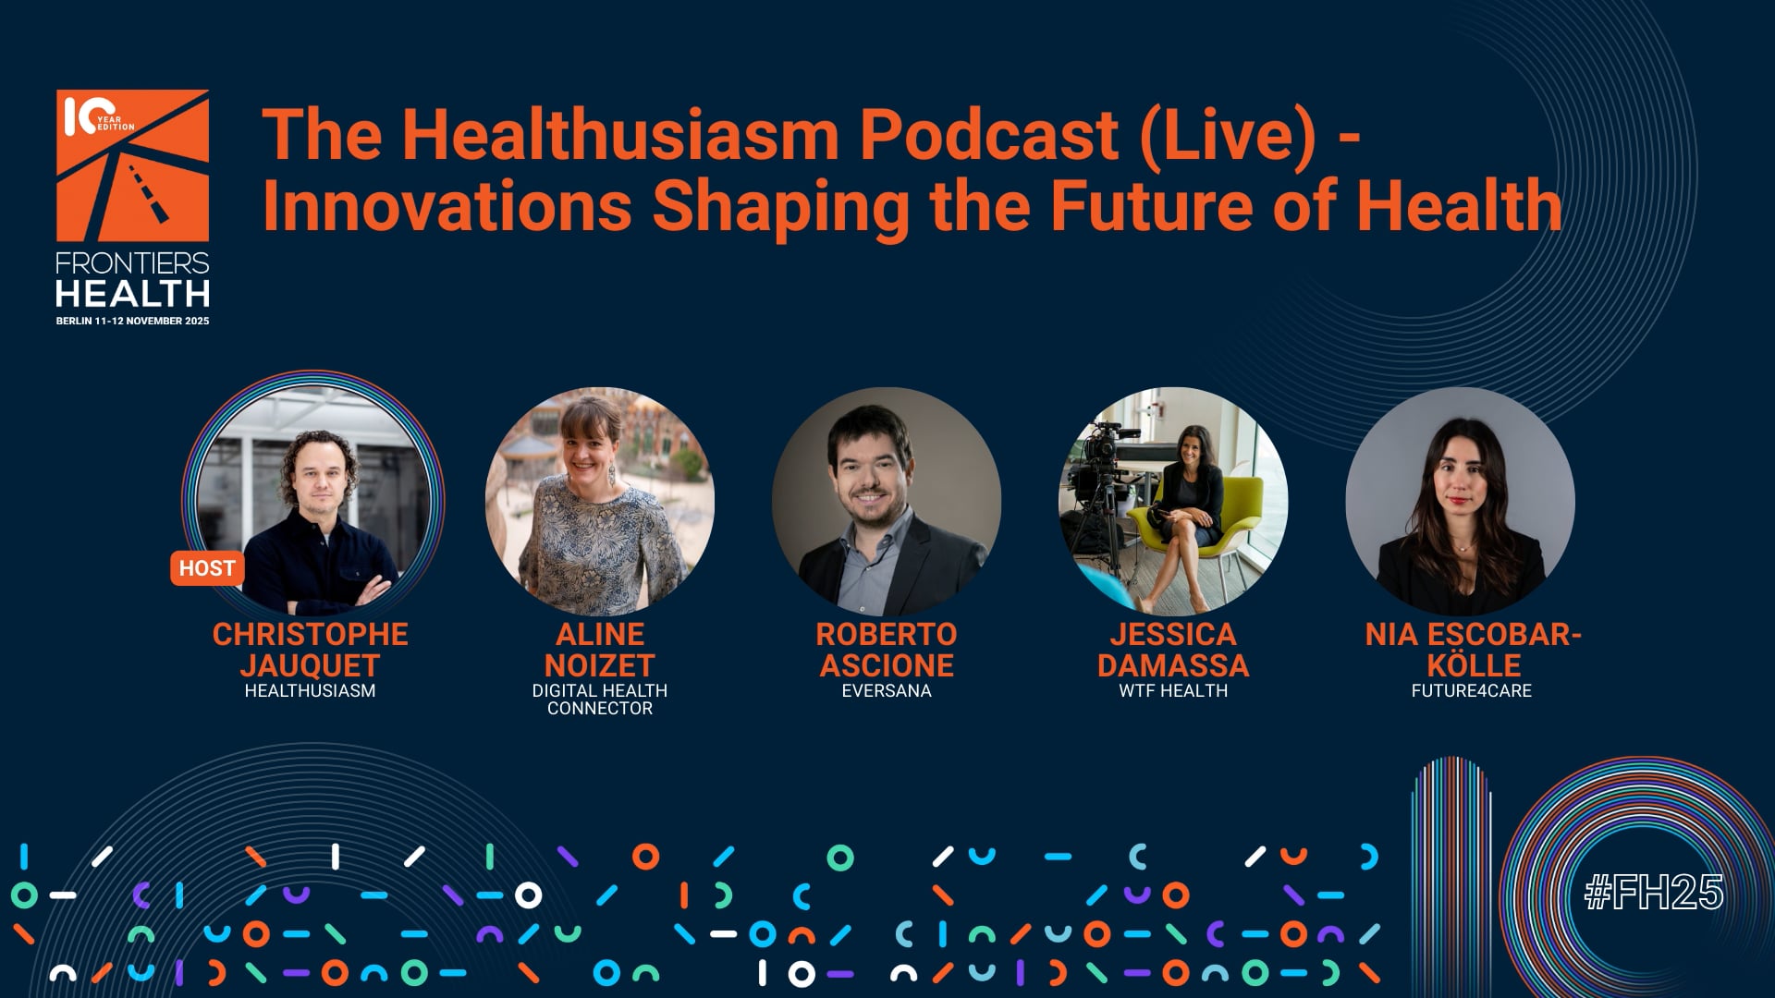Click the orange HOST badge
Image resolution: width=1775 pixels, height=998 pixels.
pos(207,568)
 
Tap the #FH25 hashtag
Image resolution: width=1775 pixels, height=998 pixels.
pos(1654,893)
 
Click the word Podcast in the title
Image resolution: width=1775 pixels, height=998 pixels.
pos(989,135)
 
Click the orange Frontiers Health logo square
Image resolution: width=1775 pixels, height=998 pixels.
pos(132,165)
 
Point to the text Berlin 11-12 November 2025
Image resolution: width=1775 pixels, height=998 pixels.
pos(132,321)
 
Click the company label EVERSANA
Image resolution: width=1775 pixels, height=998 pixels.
pos(887,690)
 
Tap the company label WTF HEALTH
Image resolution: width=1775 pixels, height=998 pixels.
pos(1173,690)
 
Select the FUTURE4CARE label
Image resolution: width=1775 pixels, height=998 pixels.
pos(1472,690)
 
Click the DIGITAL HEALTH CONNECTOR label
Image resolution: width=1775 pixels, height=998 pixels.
pos(600,700)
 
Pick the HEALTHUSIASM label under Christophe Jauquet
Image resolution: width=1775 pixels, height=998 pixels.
pos(310,690)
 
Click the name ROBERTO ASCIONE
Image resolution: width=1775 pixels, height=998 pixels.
pos(887,650)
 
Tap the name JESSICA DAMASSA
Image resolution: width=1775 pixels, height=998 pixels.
pos(1173,650)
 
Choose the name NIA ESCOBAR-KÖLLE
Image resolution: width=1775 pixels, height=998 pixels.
pos(1473,650)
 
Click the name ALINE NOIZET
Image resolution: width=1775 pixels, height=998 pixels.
pos(600,650)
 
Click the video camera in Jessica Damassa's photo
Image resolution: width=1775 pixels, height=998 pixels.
pos(1100,449)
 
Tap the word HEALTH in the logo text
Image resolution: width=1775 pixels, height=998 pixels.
pos(132,294)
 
